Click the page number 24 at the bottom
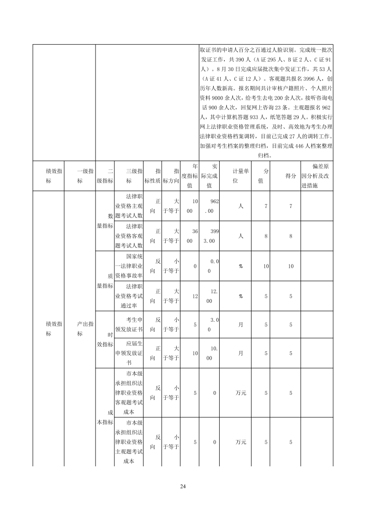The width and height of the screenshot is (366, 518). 183,487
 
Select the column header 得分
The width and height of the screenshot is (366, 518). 291,176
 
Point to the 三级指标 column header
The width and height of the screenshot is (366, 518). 129,176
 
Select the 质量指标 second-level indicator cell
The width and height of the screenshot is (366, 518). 105,281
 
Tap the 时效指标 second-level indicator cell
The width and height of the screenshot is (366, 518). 105,338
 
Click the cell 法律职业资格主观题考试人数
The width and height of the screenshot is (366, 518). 129,205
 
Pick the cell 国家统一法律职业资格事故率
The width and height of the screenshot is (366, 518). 129,265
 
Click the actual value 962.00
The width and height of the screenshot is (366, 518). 210,205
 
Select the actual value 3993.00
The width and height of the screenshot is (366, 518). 210,235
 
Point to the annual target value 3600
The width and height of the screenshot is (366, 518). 190,235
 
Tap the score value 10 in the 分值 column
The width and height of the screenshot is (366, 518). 266,266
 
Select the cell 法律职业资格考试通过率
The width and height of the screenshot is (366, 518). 129,295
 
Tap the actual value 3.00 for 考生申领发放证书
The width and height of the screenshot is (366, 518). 210,325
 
